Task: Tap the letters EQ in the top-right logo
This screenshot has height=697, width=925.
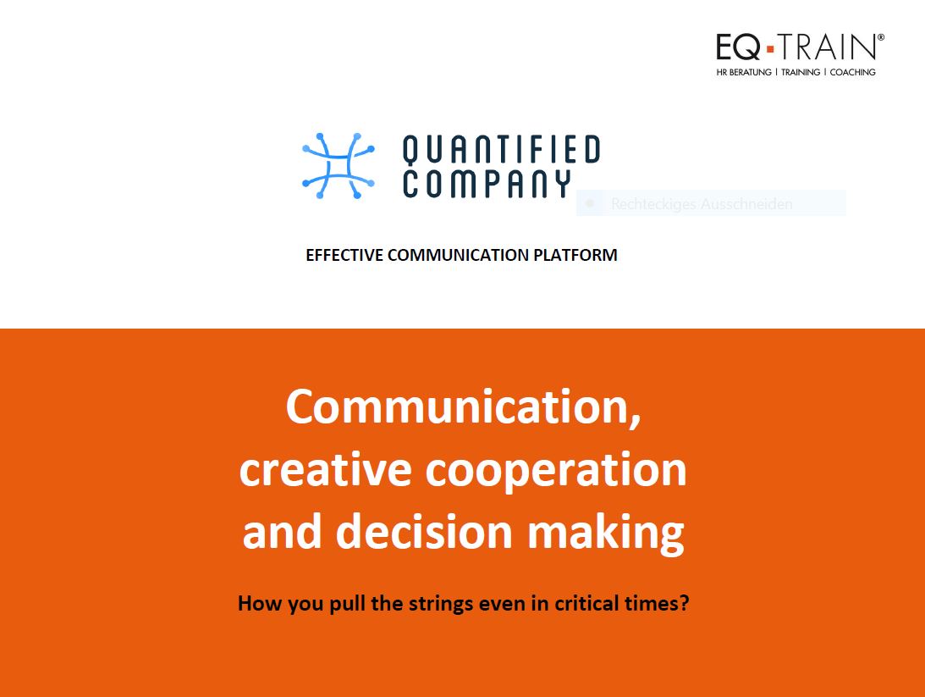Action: coord(739,47)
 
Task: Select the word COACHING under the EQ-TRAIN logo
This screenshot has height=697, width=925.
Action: coord(852,72)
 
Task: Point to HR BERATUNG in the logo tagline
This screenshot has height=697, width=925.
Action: coord(744,72)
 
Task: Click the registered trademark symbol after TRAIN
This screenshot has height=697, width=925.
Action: coord(881,37)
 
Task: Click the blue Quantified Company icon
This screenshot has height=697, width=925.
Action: coord(338,166)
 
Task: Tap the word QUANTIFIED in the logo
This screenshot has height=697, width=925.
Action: coord(502,150)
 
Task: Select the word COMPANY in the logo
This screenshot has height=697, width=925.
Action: coord(487,184)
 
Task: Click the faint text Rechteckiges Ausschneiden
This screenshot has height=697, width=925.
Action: coord(702,204)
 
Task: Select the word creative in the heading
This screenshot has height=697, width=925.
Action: coord(325,470)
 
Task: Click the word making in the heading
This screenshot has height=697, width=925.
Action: coord(605,533)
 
